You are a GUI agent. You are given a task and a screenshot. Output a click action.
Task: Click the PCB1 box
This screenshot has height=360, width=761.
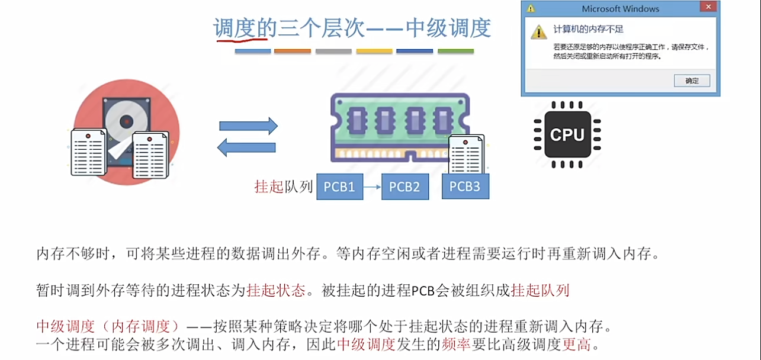(340, 187)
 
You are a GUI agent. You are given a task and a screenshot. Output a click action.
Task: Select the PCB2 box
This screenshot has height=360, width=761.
(405, 187)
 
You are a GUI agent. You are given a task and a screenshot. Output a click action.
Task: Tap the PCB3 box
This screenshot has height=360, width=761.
(465, 186)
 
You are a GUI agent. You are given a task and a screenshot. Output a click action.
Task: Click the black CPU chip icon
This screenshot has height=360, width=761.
(567, 134)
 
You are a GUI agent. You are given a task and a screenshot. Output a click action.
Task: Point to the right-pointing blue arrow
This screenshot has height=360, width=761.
(248, 126)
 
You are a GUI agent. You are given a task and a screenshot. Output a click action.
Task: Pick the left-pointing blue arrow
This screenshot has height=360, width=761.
(246, 147)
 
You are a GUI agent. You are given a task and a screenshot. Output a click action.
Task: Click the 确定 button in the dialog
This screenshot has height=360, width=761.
(692, 81)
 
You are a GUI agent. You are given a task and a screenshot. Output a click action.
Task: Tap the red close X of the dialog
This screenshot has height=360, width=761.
(708, 7)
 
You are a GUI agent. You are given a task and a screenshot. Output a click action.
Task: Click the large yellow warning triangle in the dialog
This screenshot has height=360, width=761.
(539, 32)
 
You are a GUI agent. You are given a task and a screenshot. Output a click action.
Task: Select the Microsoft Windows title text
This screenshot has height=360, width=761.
(621, 9)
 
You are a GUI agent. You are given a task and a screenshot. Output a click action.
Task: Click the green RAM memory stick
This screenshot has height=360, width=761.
(400, 127)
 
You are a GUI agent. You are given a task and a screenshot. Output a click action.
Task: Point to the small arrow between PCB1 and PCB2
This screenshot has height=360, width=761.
(372, 187)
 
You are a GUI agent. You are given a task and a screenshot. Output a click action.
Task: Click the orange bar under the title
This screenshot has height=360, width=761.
(293, 52)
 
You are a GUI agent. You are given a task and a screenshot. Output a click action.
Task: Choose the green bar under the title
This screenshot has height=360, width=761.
(455, 52)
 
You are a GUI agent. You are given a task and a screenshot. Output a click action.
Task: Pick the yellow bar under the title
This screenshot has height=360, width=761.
(374, 52)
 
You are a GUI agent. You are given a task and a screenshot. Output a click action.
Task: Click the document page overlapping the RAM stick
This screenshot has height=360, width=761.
(466, 155)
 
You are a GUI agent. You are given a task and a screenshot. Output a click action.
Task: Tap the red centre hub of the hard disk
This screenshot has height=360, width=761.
(126, 121)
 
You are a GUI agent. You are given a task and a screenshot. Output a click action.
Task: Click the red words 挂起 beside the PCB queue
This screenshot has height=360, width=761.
(269, 187)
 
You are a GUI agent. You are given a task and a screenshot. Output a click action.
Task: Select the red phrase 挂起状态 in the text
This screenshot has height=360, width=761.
(276, 290)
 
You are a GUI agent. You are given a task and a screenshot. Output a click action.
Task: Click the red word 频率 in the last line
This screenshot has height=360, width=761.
(456, 345)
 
